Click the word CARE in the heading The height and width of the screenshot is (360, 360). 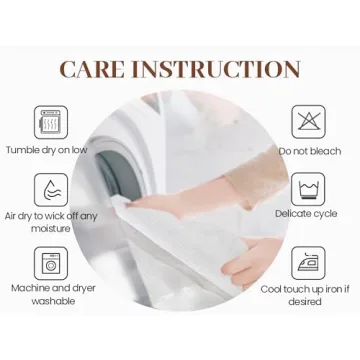90,69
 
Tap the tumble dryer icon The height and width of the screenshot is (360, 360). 51,122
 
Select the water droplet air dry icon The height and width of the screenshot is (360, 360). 51,190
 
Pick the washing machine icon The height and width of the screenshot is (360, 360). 51,263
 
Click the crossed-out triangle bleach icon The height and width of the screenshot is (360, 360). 309,122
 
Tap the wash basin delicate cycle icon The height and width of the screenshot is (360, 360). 309,189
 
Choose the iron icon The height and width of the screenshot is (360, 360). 309,263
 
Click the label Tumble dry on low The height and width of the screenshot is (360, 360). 47,150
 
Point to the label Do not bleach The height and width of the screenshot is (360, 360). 310,151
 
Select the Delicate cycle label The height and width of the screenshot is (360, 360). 306,214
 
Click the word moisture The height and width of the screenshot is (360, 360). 51,229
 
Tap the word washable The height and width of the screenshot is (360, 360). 53,301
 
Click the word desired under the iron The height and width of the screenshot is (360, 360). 305,302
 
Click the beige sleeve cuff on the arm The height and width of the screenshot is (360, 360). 257,175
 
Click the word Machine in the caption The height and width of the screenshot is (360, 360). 31,288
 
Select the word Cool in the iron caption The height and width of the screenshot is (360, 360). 272,289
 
